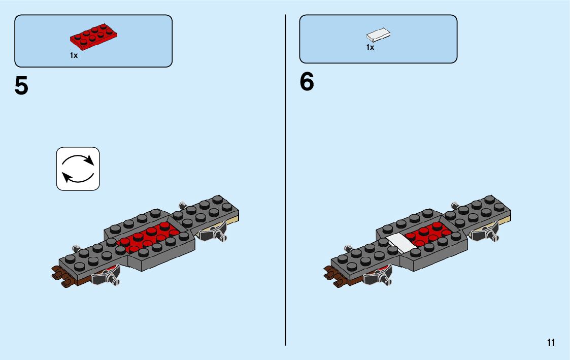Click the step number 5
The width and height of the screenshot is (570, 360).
[x=21, y=86]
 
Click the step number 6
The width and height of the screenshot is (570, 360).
[x=307, y=82]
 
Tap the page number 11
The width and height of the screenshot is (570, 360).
[x=551, y=342]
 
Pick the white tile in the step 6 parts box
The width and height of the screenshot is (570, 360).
[x=379, y=35]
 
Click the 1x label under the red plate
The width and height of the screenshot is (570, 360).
[x=74, y=55]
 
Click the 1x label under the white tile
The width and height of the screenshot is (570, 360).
[x=370, y=47]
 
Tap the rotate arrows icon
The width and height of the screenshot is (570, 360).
[x=78, y=169]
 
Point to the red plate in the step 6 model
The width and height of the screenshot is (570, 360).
[x=429, y=235]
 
